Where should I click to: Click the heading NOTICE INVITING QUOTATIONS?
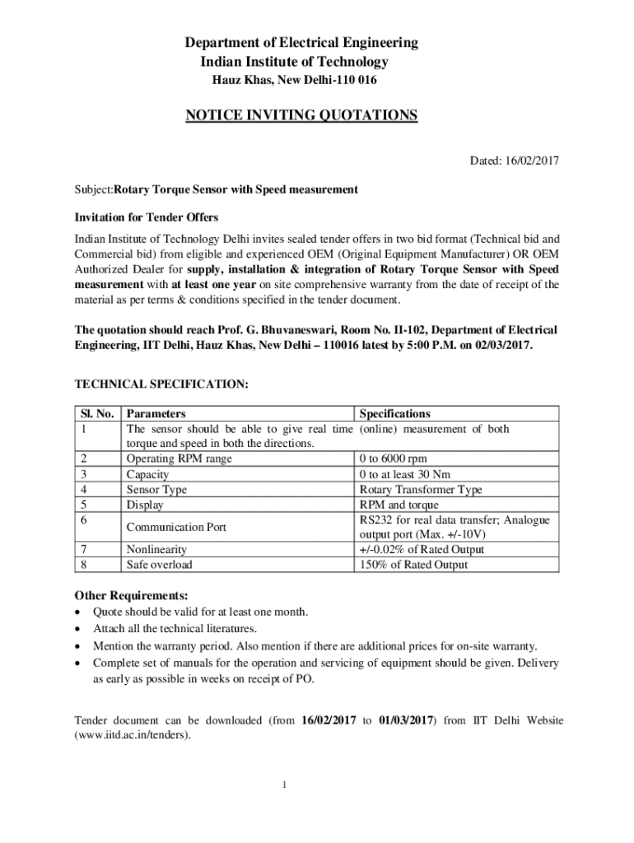301,115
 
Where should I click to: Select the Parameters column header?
156,414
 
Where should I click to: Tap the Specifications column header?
394,414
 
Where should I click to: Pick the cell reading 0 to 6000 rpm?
393,459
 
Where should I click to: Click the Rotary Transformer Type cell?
421,490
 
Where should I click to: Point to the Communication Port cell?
176,527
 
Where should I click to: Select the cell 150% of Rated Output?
413,565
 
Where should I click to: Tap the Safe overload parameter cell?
159,565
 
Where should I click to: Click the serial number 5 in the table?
83,505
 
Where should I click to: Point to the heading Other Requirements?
132,595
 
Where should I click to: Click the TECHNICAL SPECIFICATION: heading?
161,384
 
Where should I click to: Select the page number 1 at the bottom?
284,785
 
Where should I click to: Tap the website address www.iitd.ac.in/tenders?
133,735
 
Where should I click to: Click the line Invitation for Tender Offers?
147,217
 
